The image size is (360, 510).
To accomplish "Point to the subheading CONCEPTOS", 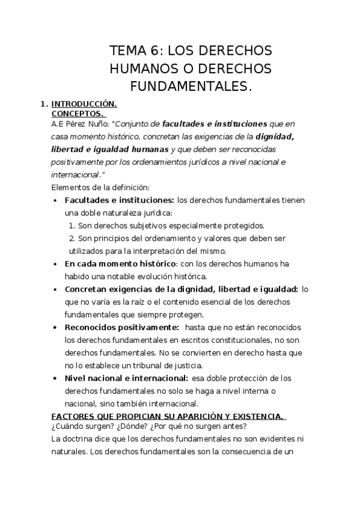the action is tap(78, 113).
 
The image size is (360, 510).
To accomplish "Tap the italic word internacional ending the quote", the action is tap(75, 174).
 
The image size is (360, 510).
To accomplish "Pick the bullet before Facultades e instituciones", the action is tap(55, 200).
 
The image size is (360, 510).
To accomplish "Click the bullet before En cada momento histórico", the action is tap(55, 263).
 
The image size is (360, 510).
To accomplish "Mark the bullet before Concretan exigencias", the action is tap(55, 289).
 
